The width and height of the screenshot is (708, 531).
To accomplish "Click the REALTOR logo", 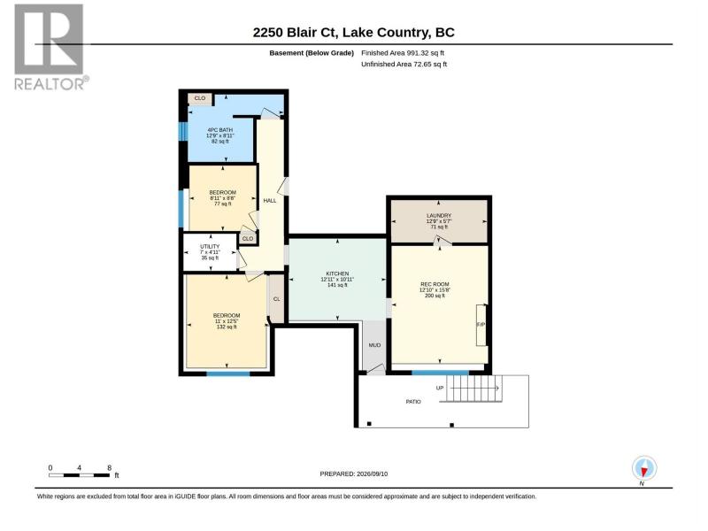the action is (50, 47).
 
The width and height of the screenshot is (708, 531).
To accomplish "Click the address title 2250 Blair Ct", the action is (296, 33).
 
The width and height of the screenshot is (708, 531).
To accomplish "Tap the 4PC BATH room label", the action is (219, 135).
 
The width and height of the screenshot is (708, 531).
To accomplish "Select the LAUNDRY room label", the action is (438, 221).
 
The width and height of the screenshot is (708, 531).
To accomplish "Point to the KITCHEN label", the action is (337, 280).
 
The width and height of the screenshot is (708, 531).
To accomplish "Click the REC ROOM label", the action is (435, 290).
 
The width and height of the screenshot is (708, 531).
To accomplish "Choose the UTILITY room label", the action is (210, 252).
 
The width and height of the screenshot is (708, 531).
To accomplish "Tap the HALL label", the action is (270, 201).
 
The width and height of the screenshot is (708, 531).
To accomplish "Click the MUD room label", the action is (374, 345).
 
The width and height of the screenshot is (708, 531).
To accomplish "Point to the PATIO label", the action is (413, 402).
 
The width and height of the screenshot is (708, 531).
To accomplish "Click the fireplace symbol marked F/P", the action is (481, 325).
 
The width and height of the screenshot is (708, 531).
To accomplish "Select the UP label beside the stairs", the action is (440, 388).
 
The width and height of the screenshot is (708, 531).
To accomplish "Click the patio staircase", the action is (474, 389).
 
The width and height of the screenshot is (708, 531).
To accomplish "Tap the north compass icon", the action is (644, 469).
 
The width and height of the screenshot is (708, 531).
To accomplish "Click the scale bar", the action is (79, 475).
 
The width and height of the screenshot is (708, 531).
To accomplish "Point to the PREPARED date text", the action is (353, 473).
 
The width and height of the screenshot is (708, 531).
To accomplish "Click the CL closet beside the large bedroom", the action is (276, 299).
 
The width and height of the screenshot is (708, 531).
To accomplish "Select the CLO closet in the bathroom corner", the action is (200, 98).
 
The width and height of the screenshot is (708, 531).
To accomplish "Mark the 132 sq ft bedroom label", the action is (227, 321).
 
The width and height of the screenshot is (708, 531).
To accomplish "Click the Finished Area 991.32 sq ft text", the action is (403, 53).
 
